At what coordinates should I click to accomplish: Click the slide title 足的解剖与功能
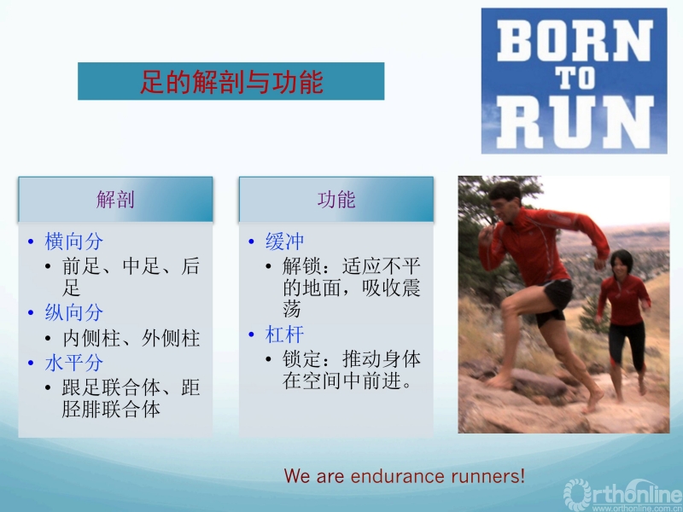pos(231,81)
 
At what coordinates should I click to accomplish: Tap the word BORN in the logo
pos(575,40)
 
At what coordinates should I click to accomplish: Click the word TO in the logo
pos(575,79)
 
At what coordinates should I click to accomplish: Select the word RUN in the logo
pos(575,122)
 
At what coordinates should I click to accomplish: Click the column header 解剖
pos(115,200)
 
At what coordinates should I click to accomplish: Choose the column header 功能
pos(336,200)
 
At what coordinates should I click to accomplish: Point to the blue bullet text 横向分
pos(74,241)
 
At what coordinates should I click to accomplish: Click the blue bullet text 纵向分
pos(74,312)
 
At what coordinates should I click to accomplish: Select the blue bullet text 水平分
pos(74,363)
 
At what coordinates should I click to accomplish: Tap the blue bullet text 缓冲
pos(285,241)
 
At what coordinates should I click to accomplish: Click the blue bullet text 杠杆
pos(285,335)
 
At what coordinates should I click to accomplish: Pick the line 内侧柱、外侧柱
pos(131,338)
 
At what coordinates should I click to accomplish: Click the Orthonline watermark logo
pos(623,495)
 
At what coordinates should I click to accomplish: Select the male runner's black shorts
pos(555,301)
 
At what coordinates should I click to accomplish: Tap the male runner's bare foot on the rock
pos(500,381)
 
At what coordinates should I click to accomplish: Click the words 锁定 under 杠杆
pos(302,359)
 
